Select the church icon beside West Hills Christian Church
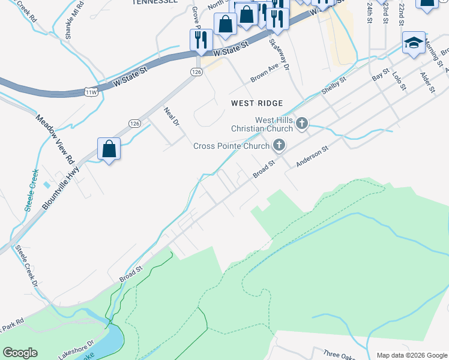point(302,124)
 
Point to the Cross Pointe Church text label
point(231,146)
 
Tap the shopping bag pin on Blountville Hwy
point(109,149)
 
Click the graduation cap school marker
point(414,43)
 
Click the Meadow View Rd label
point(55,140)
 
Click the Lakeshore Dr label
point(76,349)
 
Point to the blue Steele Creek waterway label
point(32,190)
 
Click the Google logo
point(20,353)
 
